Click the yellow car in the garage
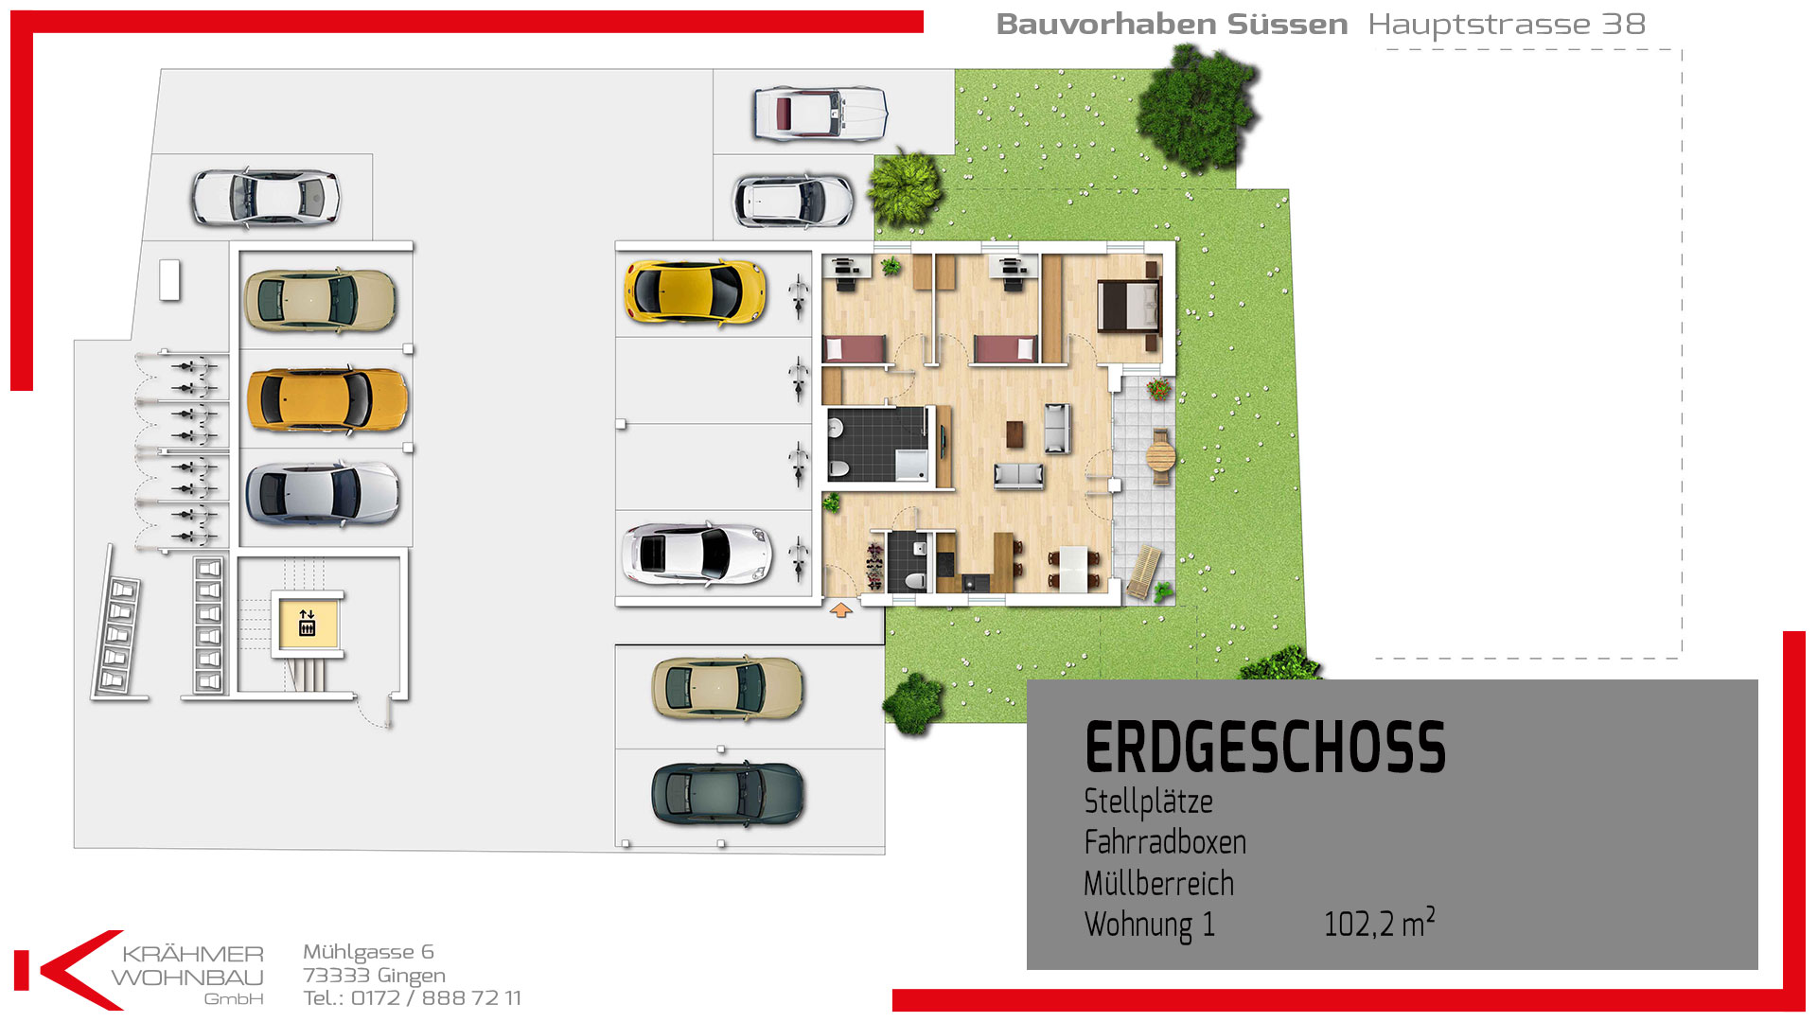click(x=695, y=291)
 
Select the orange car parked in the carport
click(x=326, y=399)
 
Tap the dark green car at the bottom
click(x=727, y=794)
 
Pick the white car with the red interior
click(x=820, y=114)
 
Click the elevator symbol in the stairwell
click(x=307, y=623)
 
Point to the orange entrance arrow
click(x=840, y=610)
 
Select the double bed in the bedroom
click(x=1129, y=305)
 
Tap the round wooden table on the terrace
click(x=1160, y=457)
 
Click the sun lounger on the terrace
click(x=1142, y=573)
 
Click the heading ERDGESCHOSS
click(x=1265, y=748)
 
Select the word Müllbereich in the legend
click(x=1159, y=883)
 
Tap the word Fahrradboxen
click(x=1165, y=841)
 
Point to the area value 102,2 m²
click(x=1380, y=923)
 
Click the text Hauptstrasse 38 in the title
click(x=1507, y=25)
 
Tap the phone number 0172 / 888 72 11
click(x=436, y=997)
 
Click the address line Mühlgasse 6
click(x=368, y=952)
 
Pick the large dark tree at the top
click(x=1198, y=106)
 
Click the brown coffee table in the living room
click(x=1015, y=432)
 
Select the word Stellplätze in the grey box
click(x=1148, y=802)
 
